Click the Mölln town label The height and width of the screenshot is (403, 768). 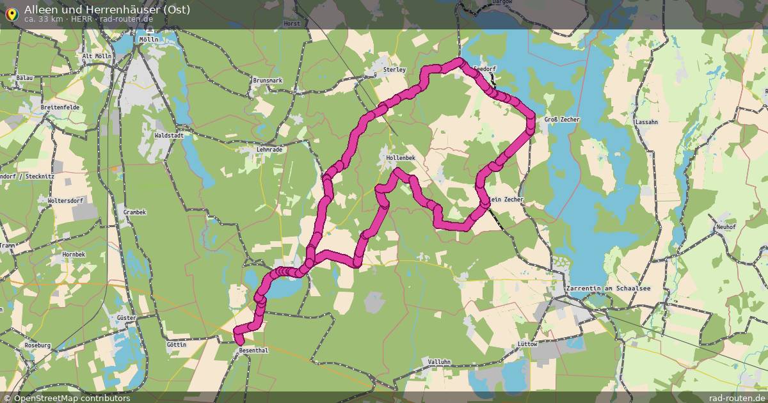[148, 39]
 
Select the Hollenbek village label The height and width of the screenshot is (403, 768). [401, 157]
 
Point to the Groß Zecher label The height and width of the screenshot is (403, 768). [561, 120]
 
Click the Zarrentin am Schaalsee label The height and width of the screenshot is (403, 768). [609, 289]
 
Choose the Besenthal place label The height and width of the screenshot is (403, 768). [253, 351]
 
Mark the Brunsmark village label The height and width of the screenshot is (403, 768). [268, 81]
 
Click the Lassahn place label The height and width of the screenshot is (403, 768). [646, 122]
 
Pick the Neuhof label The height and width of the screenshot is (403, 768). [726, 227]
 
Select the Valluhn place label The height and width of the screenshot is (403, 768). [439, 362]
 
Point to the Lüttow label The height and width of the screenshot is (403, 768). [527, 344]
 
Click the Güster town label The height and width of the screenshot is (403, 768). [125, 318]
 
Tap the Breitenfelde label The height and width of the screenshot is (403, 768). [60, 107]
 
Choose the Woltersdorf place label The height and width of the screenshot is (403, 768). [66, 201]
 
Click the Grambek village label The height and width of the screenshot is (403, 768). [135, 212]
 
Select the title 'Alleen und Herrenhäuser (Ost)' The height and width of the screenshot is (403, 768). [107, 9]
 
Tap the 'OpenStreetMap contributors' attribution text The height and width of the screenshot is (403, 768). [72, 398]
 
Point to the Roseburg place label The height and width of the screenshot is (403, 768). [37, 345]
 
